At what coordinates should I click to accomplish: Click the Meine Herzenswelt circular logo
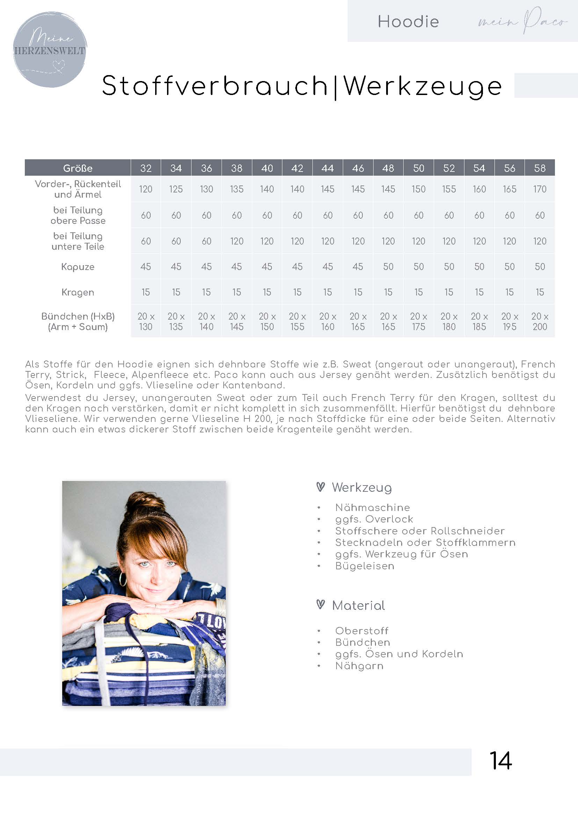point(50,50)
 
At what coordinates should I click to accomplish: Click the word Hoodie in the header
point(408,22)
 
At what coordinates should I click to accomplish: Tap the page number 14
point(500,761)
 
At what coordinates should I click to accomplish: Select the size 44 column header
point(327,168)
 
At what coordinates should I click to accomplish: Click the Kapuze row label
point(78,267)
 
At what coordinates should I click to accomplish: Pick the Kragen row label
point(78,292)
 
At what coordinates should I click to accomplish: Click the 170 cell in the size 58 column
point(540,189)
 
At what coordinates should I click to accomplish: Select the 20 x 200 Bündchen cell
point(540,321)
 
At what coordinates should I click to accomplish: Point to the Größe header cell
point(78,168)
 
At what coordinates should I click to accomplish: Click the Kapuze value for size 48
point(388,267)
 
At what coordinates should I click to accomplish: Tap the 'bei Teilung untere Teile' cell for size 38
point(237,241)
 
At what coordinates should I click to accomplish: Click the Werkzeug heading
point(362,488)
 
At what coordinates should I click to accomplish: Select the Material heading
point(359,605)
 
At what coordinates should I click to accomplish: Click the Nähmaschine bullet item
point(372,508)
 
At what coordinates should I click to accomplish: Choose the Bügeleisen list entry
point(364,566)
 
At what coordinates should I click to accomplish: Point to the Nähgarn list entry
point(359,666)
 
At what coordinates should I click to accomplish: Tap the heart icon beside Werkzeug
point(320,487)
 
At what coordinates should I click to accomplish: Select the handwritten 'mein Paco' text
point(522,21)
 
